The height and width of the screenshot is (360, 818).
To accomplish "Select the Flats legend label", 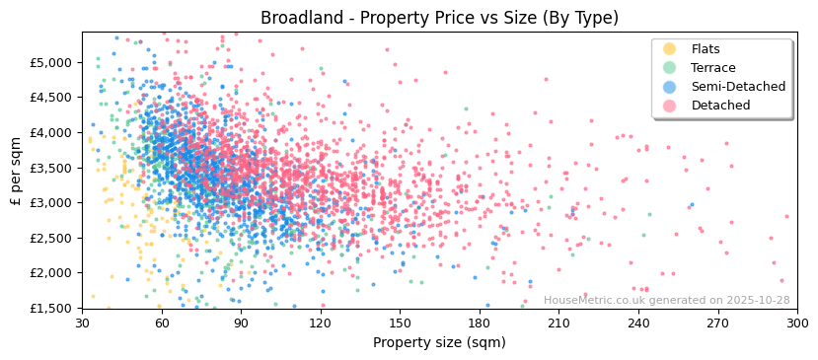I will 705,49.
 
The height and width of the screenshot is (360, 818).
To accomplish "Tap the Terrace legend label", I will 712,68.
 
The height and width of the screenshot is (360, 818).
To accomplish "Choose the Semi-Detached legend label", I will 738,87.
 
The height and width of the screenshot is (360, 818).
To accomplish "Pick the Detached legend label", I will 720,106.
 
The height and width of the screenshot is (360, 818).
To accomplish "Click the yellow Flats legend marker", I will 670,49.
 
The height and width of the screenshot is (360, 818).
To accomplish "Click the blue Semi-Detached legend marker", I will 670,87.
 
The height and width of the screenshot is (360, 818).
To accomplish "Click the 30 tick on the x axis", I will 82,324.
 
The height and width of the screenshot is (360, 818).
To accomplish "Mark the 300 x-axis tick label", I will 797,324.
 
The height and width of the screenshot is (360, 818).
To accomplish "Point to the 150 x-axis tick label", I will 400,324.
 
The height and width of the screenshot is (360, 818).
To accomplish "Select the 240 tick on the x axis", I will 638,324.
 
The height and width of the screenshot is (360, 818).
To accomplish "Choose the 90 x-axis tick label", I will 241,324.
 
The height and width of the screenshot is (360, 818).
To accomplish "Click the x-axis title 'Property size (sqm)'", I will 439,343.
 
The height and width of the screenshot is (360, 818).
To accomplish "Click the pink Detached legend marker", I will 670,106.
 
